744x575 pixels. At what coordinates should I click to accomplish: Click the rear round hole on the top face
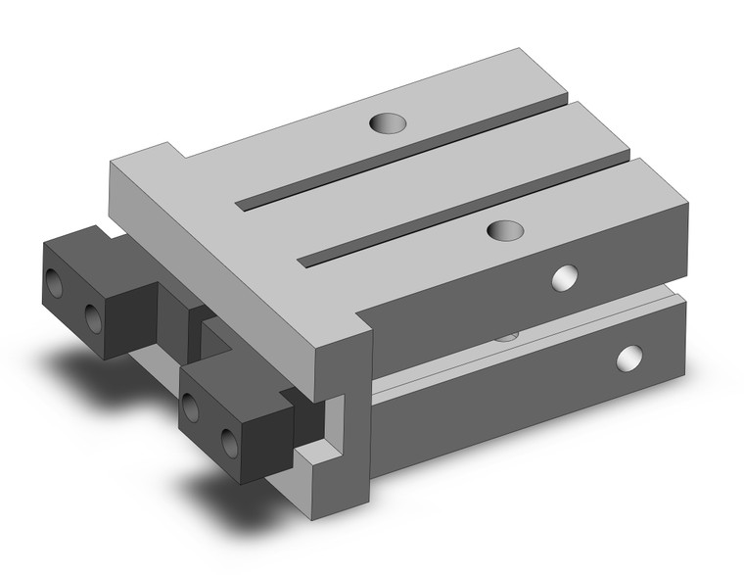coord(389,123)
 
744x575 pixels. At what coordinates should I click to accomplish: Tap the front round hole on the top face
coord(505,231)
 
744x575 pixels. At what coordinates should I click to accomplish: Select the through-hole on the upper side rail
coord(564,278)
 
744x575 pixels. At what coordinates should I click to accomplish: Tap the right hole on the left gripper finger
coord(93,316)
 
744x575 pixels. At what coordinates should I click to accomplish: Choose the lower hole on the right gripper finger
coord(230,441)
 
